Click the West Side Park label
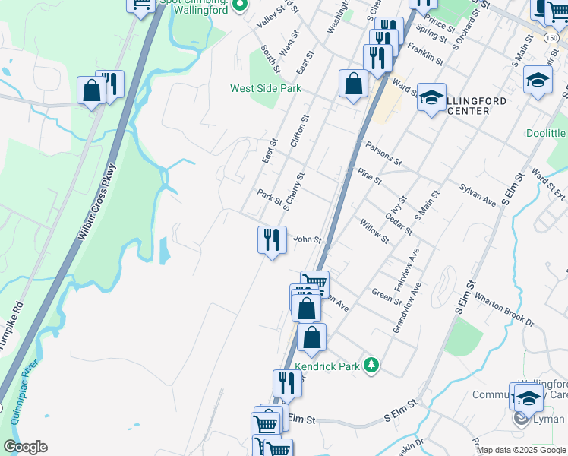266,89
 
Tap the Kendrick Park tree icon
371,366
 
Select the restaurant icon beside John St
271,240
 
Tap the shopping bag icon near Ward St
354,84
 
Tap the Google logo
25,447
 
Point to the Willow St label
374,231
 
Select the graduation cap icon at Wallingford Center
431,98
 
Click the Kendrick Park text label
327,366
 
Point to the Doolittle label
547,133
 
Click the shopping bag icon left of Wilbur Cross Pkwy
91,91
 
